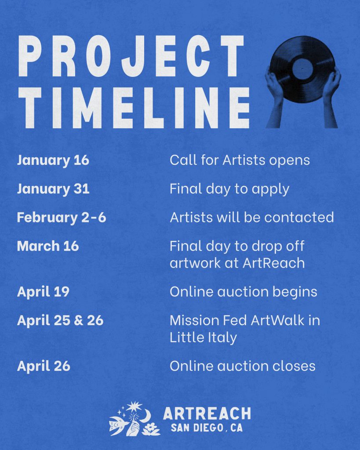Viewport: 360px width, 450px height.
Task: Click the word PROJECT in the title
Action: pos(131,56)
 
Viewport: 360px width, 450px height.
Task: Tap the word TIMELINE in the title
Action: pos(134,108)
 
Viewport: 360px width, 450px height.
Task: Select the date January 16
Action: pos(53,160)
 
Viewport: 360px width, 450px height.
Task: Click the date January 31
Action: pos(53,189)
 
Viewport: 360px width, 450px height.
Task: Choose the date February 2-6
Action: pos(62,217)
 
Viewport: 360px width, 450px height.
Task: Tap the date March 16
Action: pos(48,246)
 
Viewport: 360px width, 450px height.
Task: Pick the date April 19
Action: pos(44,292)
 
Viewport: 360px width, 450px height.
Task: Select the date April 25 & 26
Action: pos(60,320)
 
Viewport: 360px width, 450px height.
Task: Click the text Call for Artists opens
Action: pos(240,160)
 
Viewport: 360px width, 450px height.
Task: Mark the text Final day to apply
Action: pos(229,189)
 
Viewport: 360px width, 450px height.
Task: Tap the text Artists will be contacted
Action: pos(252,217)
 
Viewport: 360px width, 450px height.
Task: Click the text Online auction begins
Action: pos(244,292)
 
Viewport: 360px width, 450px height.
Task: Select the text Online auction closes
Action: pos(243,366)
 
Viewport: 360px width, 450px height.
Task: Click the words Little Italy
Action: pos(203,337)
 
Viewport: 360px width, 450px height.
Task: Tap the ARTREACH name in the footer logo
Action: pos(207,414)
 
